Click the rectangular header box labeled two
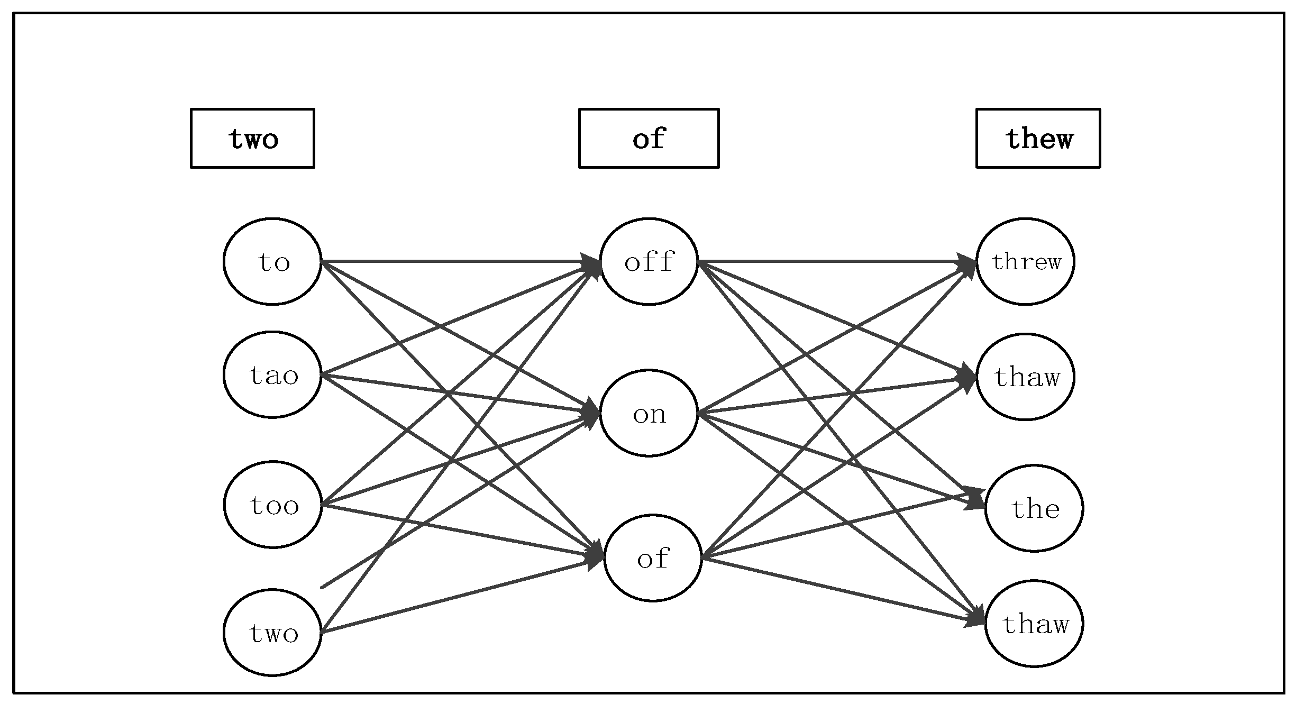click(x=252, y=139)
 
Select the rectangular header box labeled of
click(x=649, y=139)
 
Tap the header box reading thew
click(x=1038, y=139)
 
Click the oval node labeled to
click(x=272, y=261)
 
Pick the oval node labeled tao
click(x=272, y=374)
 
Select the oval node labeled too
click(x=272, y=505)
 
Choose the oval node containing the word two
click(x=272, y=632)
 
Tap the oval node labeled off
click(x=649, y=261)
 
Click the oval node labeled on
click(x=649, y=413)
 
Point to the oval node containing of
click(x=653, y=558)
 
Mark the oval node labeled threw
click(x=1025, y=261)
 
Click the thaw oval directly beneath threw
click(x=1025, y=377)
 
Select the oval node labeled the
click(x=1034, y=508)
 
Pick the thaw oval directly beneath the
click(x=1034, y=624)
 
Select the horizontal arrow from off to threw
click(x=830, y=261)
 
